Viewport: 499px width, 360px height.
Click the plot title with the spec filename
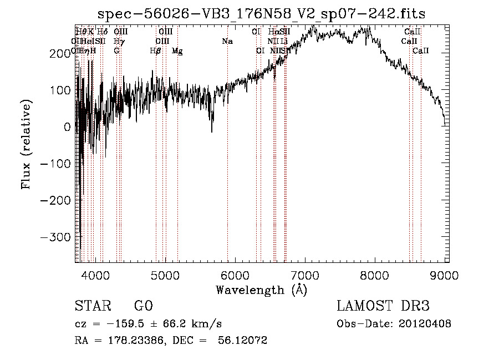pyautogui.click(x=261, y=14)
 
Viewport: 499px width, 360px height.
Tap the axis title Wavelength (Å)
pyautogui.click(x=261, y=290)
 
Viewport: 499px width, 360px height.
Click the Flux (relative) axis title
pyautogui.click(x=27, y=144)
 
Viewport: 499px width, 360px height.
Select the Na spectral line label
pyautogui.click(x=227, y=42)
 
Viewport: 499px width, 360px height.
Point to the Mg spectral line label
pyautogui.click(x=177, y=51)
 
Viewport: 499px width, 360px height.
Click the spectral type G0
pyautogui.click(x=143, y=306)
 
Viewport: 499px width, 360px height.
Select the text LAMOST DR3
pyautogui.click(x=383, y=306)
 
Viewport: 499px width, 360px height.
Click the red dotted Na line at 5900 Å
pyautogui.click(x=227, y=166)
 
